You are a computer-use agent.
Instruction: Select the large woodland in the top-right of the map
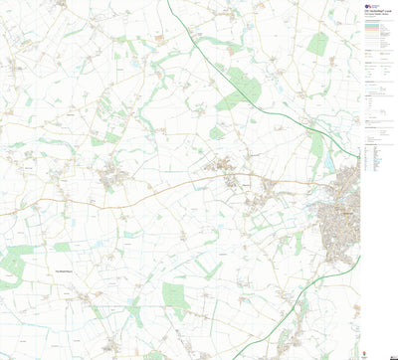point(317,44)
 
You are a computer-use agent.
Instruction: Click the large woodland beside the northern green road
point(239,90)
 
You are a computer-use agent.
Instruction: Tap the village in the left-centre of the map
point(110,178)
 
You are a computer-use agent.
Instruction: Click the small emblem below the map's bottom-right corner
point(373,351)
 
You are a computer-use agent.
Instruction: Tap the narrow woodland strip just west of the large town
point(298,243)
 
